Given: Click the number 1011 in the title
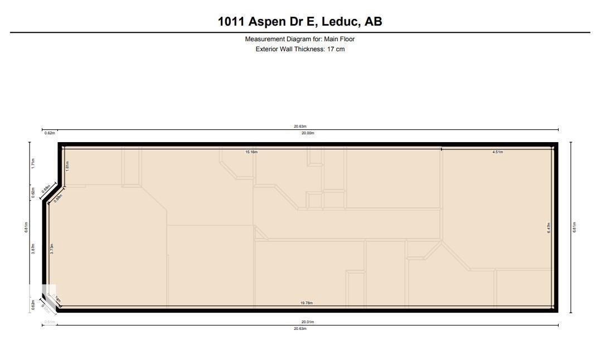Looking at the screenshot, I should point(231,22).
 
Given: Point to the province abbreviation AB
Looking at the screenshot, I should point(374,22).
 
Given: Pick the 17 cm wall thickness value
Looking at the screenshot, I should point(336,49).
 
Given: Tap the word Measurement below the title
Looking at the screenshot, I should point(264,39).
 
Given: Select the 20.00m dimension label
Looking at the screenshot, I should point(308,133).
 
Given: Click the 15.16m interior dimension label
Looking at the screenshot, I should point(251,152).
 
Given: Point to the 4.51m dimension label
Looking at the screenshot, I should point(497,152).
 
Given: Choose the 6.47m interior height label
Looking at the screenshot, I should point(549,227).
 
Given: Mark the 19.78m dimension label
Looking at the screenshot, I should point(306,303).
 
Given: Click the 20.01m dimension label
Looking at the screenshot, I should point(308,322).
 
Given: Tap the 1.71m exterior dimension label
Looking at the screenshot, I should point(33,163).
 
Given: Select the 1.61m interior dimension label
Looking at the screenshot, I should point(67,166).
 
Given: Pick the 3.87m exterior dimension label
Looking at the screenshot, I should point(33,249).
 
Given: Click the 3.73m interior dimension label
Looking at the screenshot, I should point(52,249).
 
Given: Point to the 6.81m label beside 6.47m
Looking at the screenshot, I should point(574,227).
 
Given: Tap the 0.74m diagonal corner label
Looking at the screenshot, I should point(57,301).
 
